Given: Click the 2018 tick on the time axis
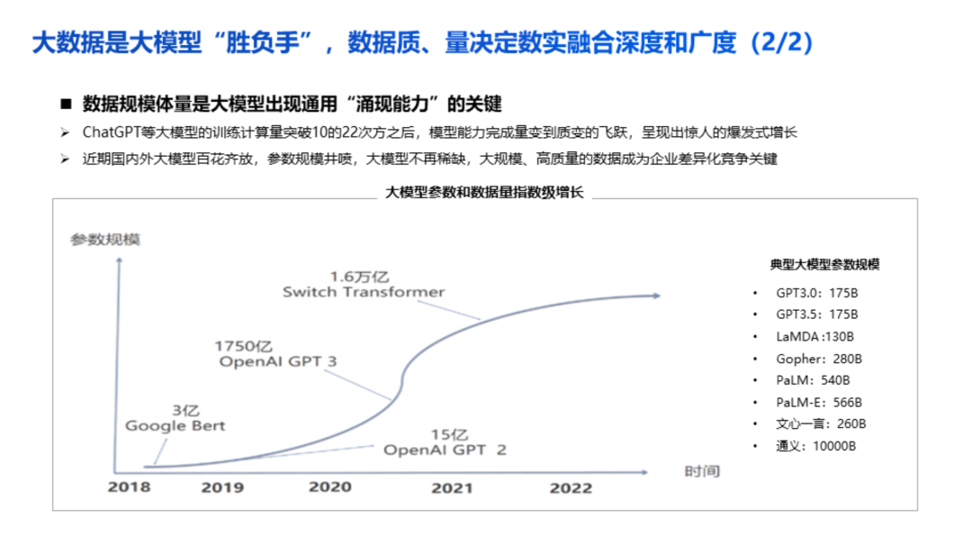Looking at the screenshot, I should (130, 488).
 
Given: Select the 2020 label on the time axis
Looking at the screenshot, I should (330, 487).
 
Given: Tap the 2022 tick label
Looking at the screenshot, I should (571, 488).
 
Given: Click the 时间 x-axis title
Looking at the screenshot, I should (702, 471).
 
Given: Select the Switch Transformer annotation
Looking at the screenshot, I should (364, 292).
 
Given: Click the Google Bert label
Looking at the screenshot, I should (175, 425).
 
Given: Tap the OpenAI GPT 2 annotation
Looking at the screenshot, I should (445, 450).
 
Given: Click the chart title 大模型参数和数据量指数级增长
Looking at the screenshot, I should (485, 192).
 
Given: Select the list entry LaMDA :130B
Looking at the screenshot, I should (815, 337).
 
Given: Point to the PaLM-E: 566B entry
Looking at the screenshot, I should (819, 402).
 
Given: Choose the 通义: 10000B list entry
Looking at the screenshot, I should (816, 446).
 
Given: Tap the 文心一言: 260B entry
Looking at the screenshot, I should (821, 424).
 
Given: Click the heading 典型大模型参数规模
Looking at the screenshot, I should (824, 264).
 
